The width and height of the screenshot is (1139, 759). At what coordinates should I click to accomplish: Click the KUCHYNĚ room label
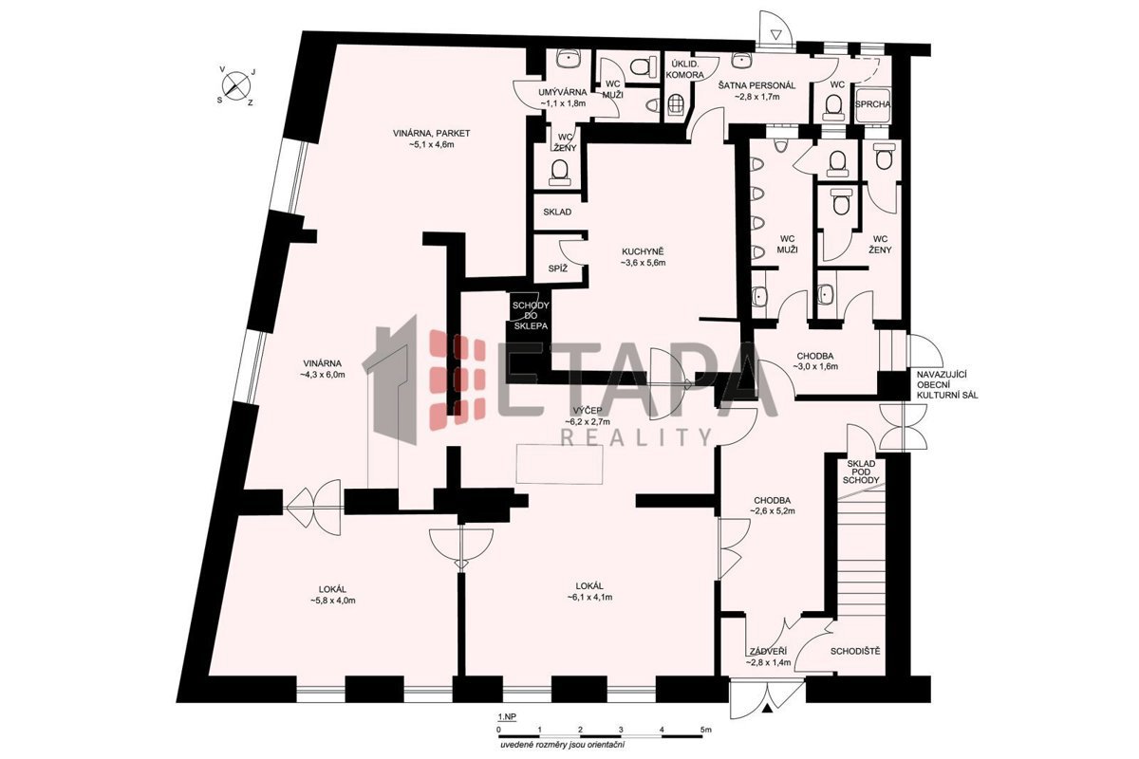643,251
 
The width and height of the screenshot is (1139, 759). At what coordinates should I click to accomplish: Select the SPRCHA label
872,104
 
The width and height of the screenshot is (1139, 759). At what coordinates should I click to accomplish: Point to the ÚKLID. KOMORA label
685,69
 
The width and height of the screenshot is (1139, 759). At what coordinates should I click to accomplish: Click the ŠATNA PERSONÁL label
756,85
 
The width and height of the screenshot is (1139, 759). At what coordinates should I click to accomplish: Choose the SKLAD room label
557,212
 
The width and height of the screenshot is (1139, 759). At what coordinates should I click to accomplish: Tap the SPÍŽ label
558,268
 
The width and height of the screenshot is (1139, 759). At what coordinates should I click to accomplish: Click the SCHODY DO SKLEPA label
531,316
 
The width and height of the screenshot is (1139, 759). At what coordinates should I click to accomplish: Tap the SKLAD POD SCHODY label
861,472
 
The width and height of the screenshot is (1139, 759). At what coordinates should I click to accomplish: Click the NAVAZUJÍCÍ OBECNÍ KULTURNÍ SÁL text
947,385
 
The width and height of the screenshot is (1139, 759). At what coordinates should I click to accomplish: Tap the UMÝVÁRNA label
563,93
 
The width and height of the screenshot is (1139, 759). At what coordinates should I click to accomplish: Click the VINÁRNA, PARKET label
431,133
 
